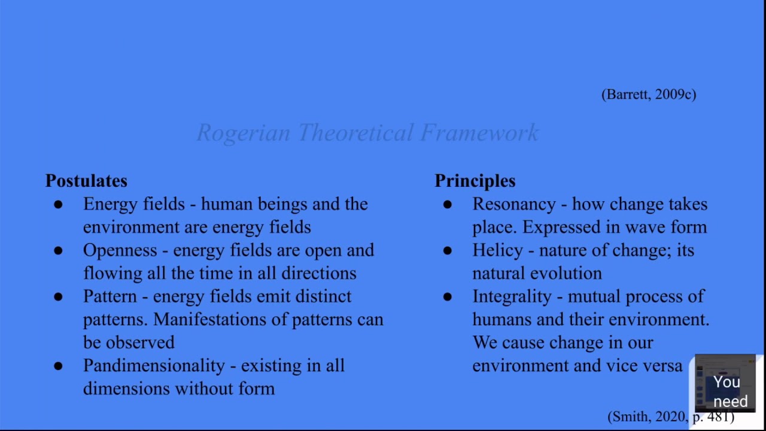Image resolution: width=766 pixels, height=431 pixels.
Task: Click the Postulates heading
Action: coord(86,181)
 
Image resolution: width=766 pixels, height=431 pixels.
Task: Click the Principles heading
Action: coord(475,181)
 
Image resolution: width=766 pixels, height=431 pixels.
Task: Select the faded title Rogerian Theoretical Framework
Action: coord(367,133)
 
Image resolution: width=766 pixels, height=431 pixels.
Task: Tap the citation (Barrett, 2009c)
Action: coord(649,95)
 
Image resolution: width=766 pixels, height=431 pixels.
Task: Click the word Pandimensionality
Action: coord(154,366)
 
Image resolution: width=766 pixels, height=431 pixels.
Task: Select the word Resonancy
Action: coord(514,204)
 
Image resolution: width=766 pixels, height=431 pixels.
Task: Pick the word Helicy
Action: coord(497,250)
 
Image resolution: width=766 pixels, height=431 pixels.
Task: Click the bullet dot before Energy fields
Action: coord(58,205)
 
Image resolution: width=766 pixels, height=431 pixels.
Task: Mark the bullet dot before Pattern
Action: coord(58,297)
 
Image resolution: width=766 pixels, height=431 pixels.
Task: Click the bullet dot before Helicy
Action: coord(448,251)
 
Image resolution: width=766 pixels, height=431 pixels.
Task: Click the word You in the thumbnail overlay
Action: coord(727,383)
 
